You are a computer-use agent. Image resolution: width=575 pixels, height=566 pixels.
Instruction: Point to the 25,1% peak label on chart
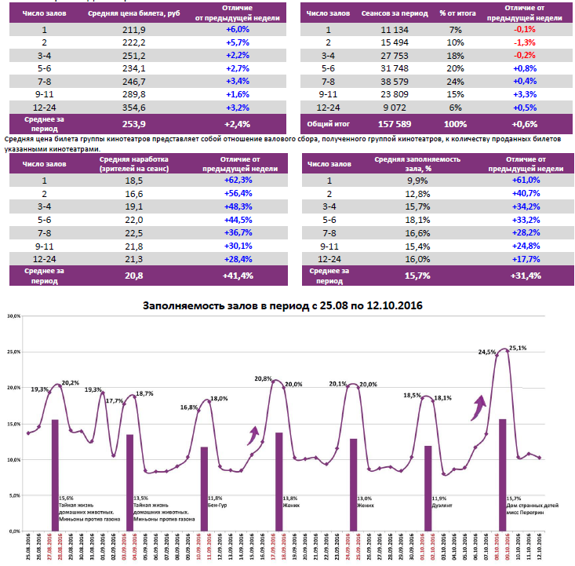(517, 348)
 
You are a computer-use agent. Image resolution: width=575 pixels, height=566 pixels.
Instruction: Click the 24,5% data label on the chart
(486, 352)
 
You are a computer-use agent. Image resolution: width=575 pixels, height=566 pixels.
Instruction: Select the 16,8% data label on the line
(189, 407)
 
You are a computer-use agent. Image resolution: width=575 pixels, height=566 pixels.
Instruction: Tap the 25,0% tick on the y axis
(13, 352)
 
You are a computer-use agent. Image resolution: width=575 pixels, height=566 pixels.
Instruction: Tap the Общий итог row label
(327, 124)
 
